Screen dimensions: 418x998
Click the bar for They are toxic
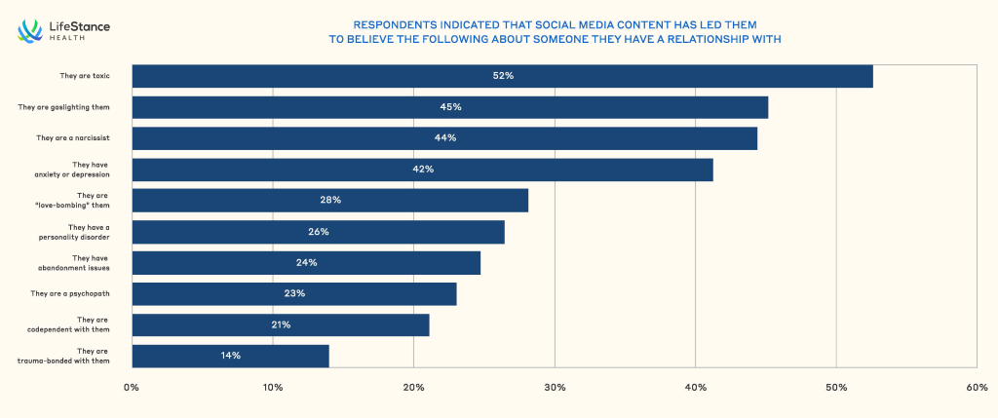coord(502,76)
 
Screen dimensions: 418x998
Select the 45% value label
coord(450,107)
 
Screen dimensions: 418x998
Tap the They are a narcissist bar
coord(444,138)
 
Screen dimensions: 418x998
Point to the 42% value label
coord(423,170)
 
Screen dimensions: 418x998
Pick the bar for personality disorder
coord(318,232)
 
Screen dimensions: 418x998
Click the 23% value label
coord(294,293)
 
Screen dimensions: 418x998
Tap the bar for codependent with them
coord(281,324)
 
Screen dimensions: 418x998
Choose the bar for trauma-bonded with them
coord(230,356)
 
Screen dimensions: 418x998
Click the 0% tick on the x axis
coord(132,387)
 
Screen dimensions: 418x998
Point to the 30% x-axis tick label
coord(555,387)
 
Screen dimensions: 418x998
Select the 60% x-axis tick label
coord(977,387)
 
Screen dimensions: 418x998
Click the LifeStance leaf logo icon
coord(29,31)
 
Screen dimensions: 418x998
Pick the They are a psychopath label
coord(69,293)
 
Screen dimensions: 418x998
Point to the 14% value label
coord(230,356)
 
